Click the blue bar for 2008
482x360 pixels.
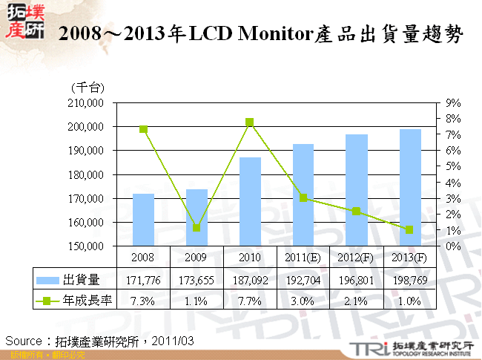(x=143, y=220)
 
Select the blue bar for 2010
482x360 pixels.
(x=250, y=201)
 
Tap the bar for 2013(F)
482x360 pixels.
(x=410, y=187)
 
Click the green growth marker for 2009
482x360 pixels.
(x=197, y=228)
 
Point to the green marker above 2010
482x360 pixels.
(x=250, y=122)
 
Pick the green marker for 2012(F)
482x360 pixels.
(x=357, y=212)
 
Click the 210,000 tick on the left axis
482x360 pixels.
(x=87, y=103)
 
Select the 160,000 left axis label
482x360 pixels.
(x=87, y=222)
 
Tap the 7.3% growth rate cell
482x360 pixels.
(x=143, y=301)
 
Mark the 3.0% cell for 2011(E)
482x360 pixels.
(x=303, y=301)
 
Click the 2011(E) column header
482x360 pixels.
(x=303, y=258)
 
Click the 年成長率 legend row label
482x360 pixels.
(x=88, y=301)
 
